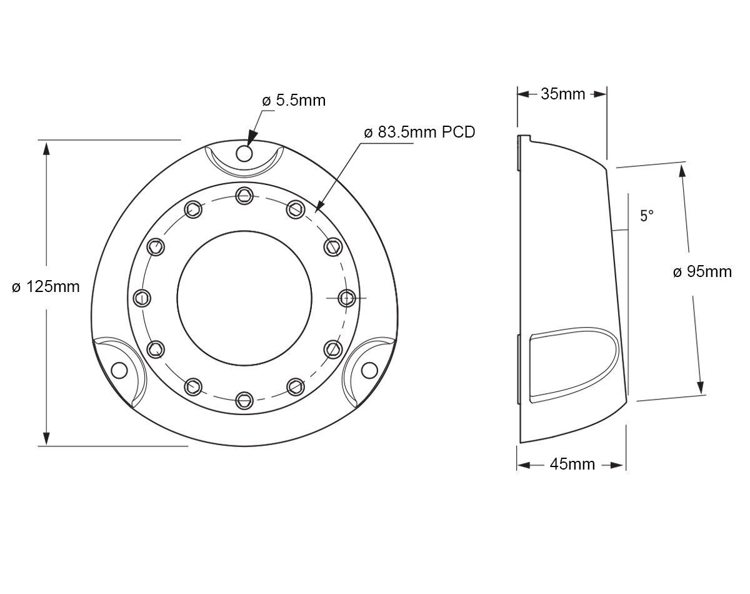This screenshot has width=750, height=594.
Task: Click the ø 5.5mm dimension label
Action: pyautogui.click(x=294, y=101)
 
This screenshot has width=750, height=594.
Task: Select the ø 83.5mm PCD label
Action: pyautogui.click(x=419, y=133)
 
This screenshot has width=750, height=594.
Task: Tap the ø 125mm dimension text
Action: pyautogui.click(x=46, y=287)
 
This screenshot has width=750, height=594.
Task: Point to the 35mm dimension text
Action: pyautogui.click(x=562, y=94)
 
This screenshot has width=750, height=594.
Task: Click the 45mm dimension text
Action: pyautogui.click(x=572, y=465)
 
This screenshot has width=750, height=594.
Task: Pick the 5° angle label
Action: pyautogui.click(x=646, y=216)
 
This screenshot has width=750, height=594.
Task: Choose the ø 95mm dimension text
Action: pyautogui.click(x=702, y=272)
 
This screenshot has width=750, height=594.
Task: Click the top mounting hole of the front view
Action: pyautogui.click(x=244, y=153)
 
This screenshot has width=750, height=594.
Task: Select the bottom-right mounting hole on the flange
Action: pyautogui.click(x=369, y=370)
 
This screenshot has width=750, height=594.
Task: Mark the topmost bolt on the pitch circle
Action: pyautogui.click(x=244, y=196)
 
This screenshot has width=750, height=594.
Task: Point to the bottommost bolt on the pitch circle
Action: pyautogui.click(x=244, y=399)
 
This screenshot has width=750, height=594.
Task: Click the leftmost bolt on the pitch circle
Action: pyautogui.click(x=142, y=298)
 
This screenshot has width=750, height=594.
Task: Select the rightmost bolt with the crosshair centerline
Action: pyautogui.click(x=346, y=298)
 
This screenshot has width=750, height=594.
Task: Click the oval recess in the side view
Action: pyautogui.click(x=572, y=366)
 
